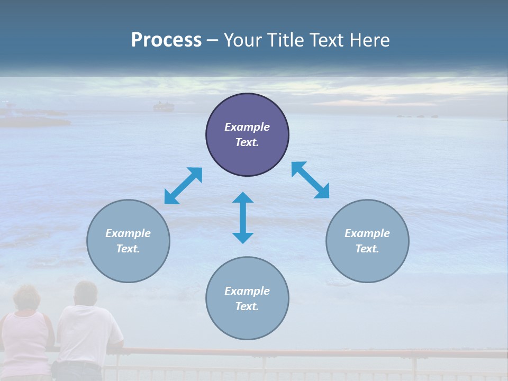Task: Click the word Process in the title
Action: click(x=166, y=40)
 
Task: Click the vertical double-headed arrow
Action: click(x=243, y=217)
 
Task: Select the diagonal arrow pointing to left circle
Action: click(x=183, y=186)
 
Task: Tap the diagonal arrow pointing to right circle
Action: click(x=310, y=180)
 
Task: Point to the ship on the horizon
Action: click(x=163, y=107)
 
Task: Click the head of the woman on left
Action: click(x=26, y=298)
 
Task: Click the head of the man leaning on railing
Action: click(x=85, y=293)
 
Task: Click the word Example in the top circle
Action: click(x=247, y=127)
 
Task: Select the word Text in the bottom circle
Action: click(x=246, y=306)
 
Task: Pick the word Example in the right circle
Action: click(x=367, y=233)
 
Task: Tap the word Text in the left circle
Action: click(x=128, y=249)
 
